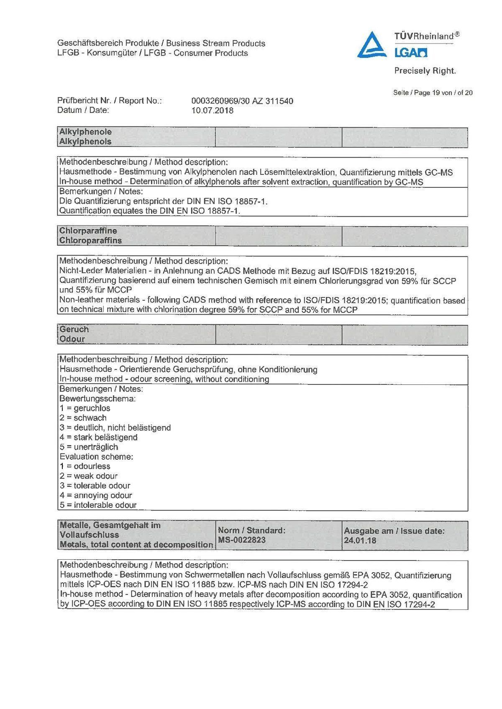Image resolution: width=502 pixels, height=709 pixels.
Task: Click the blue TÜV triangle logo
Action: tap(372, 45)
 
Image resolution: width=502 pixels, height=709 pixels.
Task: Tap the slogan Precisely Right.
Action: tap(425, 71)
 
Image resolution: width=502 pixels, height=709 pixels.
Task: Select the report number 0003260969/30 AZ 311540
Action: tap(242, 101)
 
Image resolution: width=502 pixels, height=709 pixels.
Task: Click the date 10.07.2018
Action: tap(213, 111)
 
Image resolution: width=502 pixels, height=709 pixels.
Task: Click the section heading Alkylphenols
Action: tap(85, 142)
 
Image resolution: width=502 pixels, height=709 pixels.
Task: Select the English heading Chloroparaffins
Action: tap(90, 241)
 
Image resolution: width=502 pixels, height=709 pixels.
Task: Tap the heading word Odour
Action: tap(72, 339)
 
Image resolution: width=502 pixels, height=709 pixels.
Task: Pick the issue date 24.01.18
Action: tap(360, 540)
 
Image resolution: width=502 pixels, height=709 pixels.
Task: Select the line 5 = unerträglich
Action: tap(89, 447)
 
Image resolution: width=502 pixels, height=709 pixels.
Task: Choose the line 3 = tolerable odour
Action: tap(95, 486)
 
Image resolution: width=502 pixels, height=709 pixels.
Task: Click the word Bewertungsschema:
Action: tap(97, 399)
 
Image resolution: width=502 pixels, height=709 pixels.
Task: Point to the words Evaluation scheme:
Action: tap(96, 457)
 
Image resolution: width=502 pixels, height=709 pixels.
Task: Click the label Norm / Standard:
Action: tap(251, 530)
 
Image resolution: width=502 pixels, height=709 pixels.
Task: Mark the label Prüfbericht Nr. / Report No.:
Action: tap(110, 101)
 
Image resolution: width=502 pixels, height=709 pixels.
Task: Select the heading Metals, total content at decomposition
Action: tap(136, 545)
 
